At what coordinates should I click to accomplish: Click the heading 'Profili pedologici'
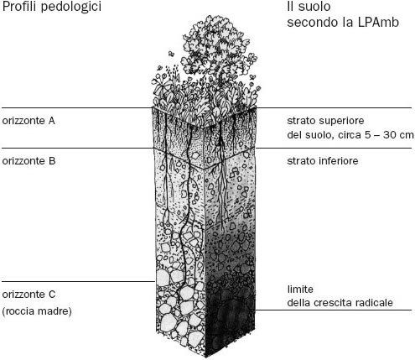click(52, 7)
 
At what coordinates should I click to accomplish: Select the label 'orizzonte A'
click(29, 121)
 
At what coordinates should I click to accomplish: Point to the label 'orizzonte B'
click(29, 161)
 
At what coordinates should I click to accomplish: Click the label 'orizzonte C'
click(29, 295)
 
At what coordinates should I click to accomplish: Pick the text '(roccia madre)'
click(37, 311)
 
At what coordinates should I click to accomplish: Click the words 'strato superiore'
click(325, 121)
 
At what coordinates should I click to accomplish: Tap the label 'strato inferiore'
click(323, 161)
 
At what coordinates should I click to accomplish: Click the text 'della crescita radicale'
click(340, 303)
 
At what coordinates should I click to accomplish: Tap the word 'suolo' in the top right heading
click(314, 7)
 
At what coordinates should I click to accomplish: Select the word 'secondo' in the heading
click(310, 23)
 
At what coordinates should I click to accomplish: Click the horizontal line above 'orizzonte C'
click(79, 281)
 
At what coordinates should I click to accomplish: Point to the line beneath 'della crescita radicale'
click(334, 310)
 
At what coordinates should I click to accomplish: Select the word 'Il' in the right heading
click(291, 7)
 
